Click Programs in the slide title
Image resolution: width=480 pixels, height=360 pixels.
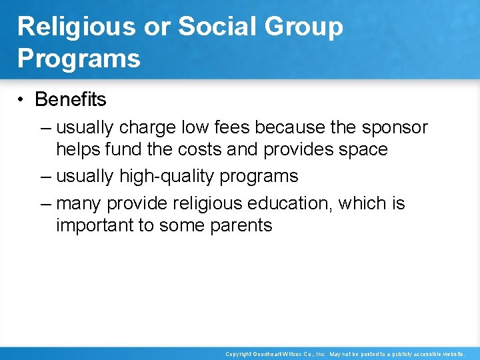[x=79, y=58]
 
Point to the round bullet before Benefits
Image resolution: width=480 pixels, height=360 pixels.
[x=22, y=100]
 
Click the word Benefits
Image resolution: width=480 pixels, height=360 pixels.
[x=70, y=99]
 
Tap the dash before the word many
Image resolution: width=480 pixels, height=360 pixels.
[x=45, y=203]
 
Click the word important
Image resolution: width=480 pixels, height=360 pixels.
[x=95, y=225]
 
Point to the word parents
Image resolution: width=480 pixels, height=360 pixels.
[x=241, y=225]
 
